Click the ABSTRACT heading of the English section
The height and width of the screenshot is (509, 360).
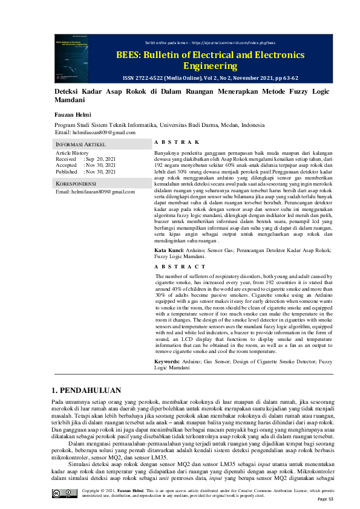180,267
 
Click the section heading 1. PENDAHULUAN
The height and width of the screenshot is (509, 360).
87,391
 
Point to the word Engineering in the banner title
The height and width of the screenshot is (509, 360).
210,66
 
